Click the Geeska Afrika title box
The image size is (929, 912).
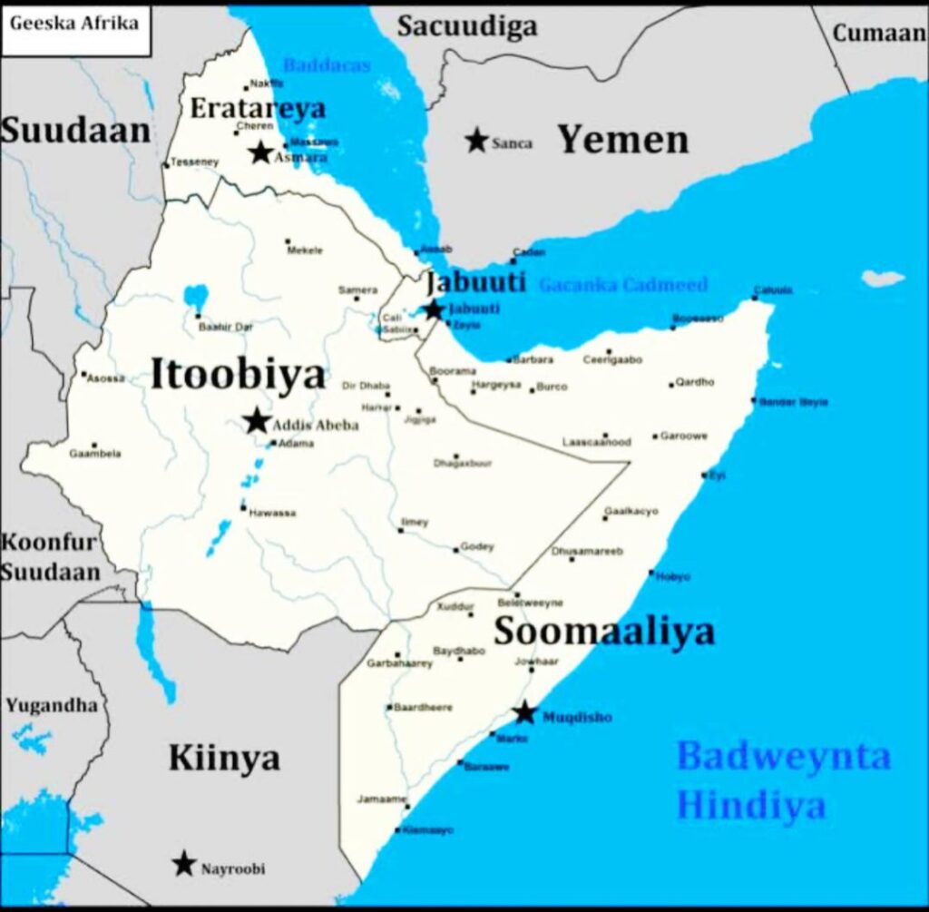tap(74, 23)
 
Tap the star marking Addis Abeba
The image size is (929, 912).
tap(257, 421)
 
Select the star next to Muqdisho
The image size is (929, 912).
tap(525, 713)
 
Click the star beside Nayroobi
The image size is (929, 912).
tap(185, 864)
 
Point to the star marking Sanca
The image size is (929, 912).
tap(476, 140)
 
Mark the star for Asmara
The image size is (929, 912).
tap(261, 152)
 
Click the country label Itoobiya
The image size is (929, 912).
tap(237, 375)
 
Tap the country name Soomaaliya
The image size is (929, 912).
tap(603, 632)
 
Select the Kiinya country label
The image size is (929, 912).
tap(224, 758)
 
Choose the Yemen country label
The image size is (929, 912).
tap(622, 140)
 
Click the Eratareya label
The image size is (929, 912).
tap(257, 109)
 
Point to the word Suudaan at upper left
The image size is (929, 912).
tap(74, 131)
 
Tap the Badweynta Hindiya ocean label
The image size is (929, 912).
tap(783, 780)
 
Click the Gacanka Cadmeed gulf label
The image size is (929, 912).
tap(622, 285)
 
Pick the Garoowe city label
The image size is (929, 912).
tap(683, 436)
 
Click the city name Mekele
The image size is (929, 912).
tap(305, 250)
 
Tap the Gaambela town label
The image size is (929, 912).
tap(94, 454)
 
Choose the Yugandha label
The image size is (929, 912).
tap(51, 705)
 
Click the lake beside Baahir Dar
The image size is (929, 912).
tap(195, 296)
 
